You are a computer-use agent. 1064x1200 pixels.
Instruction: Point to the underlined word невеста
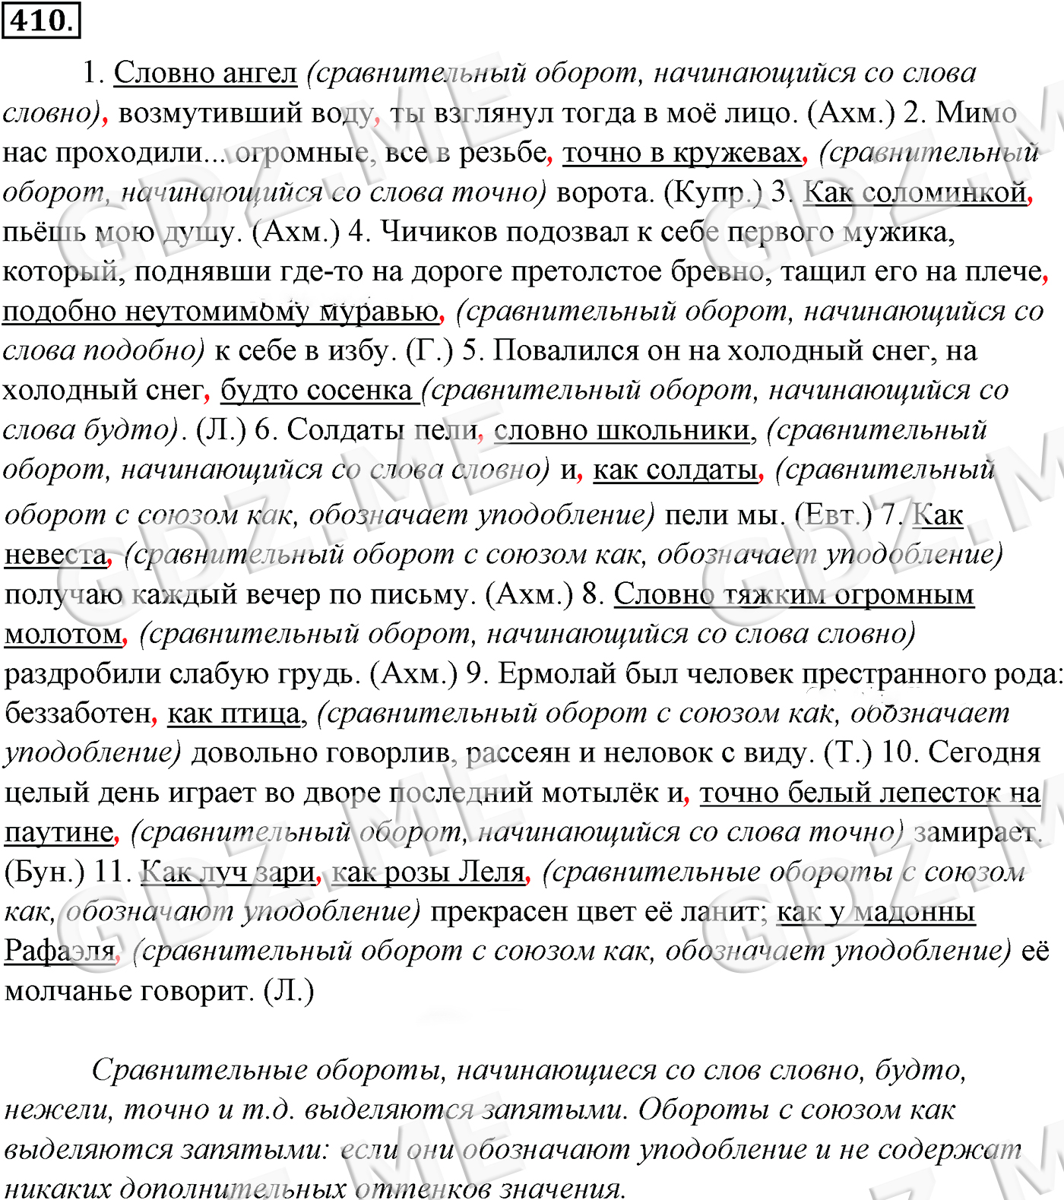[x=55, y=555]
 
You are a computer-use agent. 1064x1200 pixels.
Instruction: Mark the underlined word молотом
[x=63, y=634]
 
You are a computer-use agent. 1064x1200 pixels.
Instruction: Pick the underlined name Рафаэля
[x=60, y=951]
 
